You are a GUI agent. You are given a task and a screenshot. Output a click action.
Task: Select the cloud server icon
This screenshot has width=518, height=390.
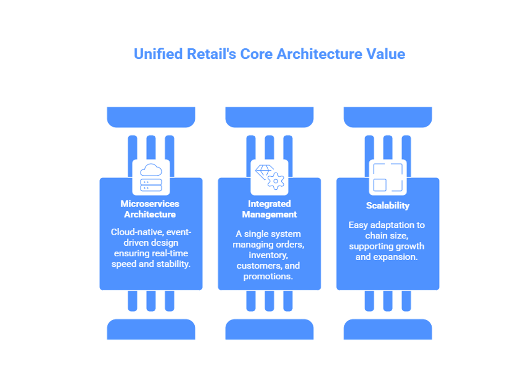tap(151, 177)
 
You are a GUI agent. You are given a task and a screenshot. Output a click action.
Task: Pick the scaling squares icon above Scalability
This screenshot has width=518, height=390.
tap(388, 177)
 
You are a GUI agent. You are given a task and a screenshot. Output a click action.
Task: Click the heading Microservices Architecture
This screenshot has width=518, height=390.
tap(150, 209)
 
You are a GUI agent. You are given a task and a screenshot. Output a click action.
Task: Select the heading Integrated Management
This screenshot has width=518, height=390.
tap(269, 209)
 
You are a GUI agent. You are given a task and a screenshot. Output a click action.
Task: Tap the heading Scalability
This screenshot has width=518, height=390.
tap(388, 206)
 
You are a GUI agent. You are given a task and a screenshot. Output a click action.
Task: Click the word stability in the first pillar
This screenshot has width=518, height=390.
tap(172, 264)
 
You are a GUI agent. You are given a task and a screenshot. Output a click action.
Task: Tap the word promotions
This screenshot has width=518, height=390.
tap(268, 277)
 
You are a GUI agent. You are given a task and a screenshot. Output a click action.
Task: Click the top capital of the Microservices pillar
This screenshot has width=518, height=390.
tap(151, 117)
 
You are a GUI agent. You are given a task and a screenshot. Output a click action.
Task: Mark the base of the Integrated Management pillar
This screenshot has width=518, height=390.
tap(269, 330)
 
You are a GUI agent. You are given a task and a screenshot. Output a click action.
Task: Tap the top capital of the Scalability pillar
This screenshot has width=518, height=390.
tap(388, 117)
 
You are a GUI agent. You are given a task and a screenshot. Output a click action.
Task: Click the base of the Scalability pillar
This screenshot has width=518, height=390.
tap(388, 330)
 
